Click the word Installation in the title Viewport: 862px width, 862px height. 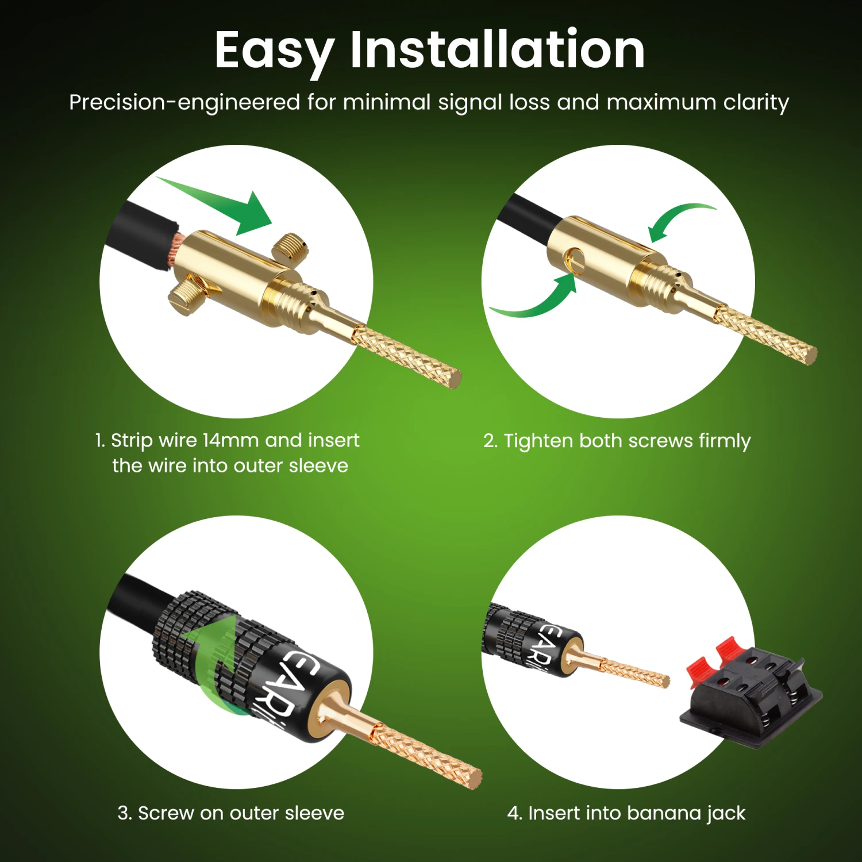[x=498, y=49]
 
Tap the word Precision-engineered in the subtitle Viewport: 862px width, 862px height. [x=184, y=103]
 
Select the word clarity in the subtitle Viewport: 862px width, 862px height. [x=756, y=103]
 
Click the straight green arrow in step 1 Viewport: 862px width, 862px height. [x=218, y=205]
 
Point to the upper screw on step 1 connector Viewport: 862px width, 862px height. [x=290, y=248]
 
